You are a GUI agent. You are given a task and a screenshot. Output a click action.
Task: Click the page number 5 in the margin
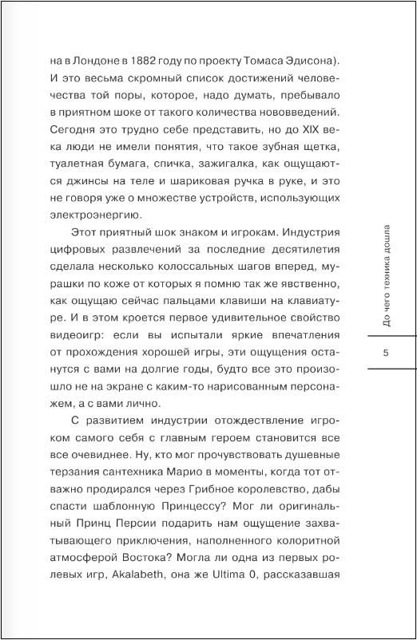coord(386,354)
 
